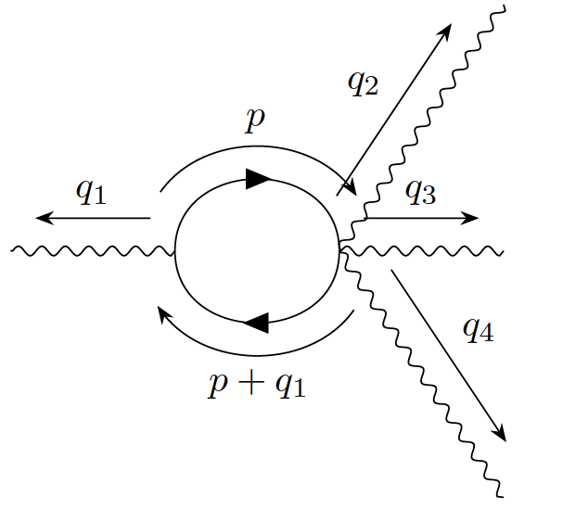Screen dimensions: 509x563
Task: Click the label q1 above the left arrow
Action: [x=91, y=191]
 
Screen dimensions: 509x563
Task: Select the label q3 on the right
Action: [x=420, y=192]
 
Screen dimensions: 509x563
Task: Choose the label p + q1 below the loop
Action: [x=257, y=381]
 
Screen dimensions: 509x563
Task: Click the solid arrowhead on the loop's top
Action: [x=257, y=179]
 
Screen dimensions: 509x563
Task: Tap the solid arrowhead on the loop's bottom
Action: [x=255, y=323]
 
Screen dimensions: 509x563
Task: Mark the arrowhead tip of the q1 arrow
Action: [x=37, y=218]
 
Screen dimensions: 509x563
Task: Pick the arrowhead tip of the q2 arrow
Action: [x=450, y=25]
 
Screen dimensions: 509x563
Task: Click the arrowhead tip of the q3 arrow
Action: [x=478, y=218]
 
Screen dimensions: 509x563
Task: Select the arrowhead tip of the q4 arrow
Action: [x=506, y=439]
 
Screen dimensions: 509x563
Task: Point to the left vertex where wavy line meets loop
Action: [x=174, y=250]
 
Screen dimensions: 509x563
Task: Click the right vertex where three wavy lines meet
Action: [x=340, y=247]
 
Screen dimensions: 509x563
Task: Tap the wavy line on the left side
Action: [x=93, y=250]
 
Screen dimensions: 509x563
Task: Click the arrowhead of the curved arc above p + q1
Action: [x=161, y=312]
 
